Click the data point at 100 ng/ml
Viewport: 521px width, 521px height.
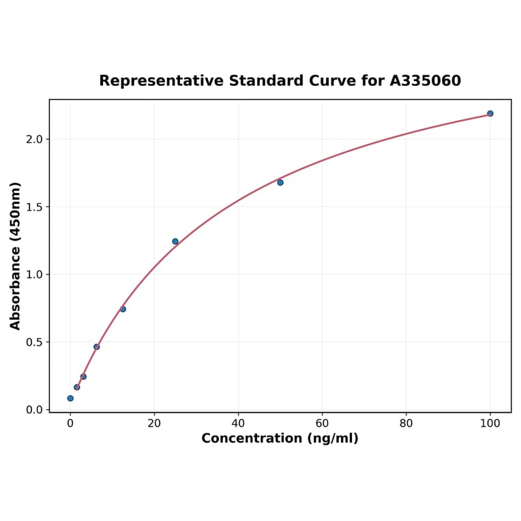[x=490, y=113]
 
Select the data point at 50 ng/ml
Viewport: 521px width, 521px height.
[x=280, y=182]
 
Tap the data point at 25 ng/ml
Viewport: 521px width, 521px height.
[x=175, y=241]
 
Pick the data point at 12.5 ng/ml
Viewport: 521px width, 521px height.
[x=123, y=309]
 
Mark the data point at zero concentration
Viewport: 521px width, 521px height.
[x=70, y=398]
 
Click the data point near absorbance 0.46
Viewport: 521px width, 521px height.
[x=97, y=346]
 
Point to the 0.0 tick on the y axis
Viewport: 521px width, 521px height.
[x=34, y=410]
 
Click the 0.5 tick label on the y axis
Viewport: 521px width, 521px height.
[x=34, y=342]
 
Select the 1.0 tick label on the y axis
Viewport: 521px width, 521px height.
[x=34, y=275]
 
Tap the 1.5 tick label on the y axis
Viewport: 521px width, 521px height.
[x=34, y=207]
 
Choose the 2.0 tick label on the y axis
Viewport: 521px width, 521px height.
[x=34, y=139]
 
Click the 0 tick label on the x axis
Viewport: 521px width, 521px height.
[x=70, y=423]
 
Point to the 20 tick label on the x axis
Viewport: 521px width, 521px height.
[x=154, y=423]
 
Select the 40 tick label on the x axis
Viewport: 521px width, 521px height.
[x=238, y=423]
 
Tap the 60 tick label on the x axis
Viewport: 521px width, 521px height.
[x=322, y=423]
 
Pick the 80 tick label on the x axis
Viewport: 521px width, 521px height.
[x=406, y=423]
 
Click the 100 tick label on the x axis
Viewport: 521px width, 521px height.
[x=490, y=423]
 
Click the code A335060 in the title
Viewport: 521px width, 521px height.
[x=425, y=81]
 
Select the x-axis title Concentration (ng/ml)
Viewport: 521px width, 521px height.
[x=280, y=438]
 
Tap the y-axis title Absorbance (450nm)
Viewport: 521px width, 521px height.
[x=16, y=256]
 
